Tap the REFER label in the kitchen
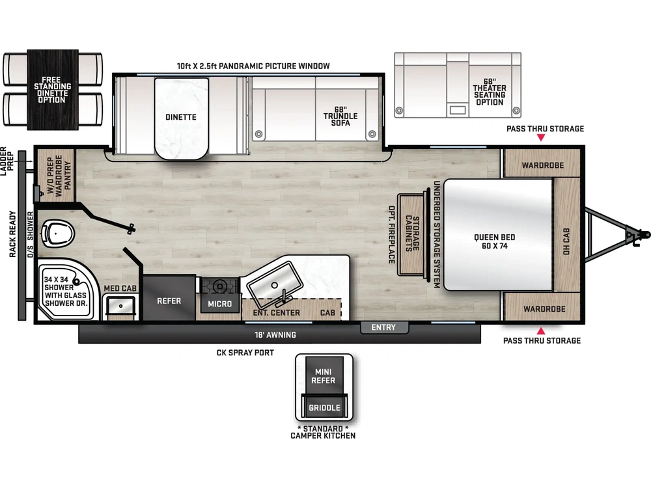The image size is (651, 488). click(x=169, y=301)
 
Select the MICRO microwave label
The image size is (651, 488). click(x=220, y=304)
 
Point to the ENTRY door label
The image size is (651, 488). click(x=383, y=327)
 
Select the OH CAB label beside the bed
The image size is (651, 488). click(x=566, y=241)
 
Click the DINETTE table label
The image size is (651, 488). click(x=181, y=117)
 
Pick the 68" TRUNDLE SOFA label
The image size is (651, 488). click(x=340, y=116)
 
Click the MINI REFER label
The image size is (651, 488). click(x=324, y=376)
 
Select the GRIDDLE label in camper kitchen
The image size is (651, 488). click(x=324, y=408)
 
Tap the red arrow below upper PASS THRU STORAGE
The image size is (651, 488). click(x=540, y=139)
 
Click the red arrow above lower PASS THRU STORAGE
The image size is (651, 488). click(x=540, y=331)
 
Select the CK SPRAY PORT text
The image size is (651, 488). click(x=245, y=353)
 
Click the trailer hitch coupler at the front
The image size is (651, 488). click(x=637, y=233)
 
